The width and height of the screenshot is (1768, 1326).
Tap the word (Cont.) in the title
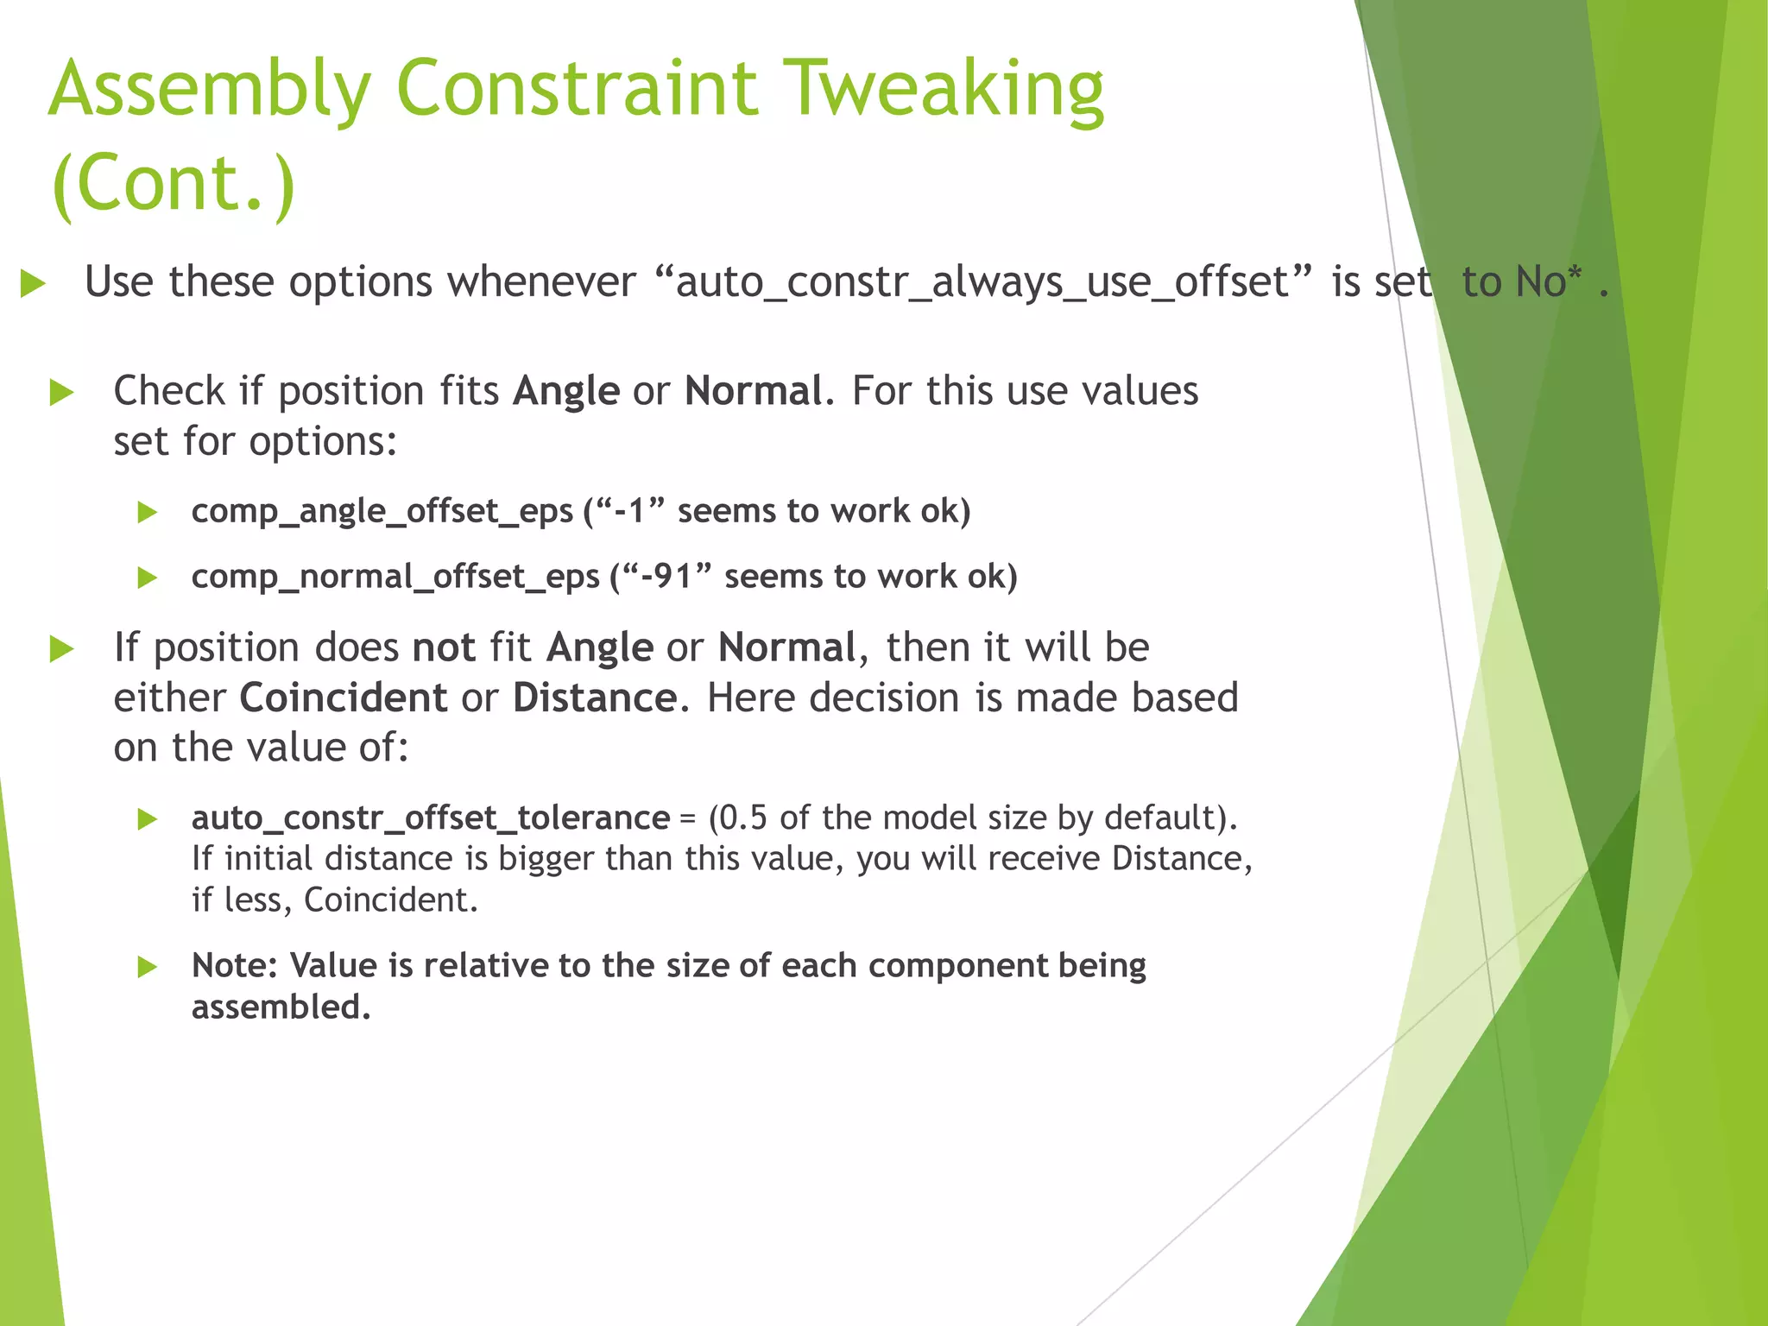pyautogui.click(x=173, y=183)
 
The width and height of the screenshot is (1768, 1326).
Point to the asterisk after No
pyautogui.click(x=1575, y=274)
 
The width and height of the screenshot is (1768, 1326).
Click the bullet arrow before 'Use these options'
pyautogui.click(x=33, y=283)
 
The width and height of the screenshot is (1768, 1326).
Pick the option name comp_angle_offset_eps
pyautogui.click(x=382, y=511)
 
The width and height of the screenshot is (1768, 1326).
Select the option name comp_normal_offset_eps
pyautogui.click(x=395, y=577)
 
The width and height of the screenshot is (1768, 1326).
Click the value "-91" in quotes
pyautogui.click(x=672, y=576)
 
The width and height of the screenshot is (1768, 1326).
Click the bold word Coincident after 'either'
pyautogui.click(x=343, y=698)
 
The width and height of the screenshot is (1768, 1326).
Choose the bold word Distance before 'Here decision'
pyautogui.click(x=595, y=698)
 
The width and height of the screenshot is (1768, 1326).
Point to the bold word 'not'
pyautogui.click(x=444, y=647)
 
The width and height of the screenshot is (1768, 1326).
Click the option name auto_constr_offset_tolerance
pyautogui.click(x=430, y=818)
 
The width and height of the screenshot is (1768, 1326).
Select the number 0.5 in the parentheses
pyautogui.click(x=742, y=818)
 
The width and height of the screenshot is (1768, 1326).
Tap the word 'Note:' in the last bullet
pyautogui.click(x=234, y=966)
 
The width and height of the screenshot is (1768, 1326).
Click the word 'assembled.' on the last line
pyautogui.click(x=281, y=1007)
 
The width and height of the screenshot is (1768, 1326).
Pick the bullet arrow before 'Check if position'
pyautogui.click(x=61, y=393)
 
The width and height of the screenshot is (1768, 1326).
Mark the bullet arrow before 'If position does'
pyautogui.click(x=61, y=648)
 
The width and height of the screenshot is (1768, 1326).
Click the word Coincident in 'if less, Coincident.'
pyautogui.click(x=390, y=900)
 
